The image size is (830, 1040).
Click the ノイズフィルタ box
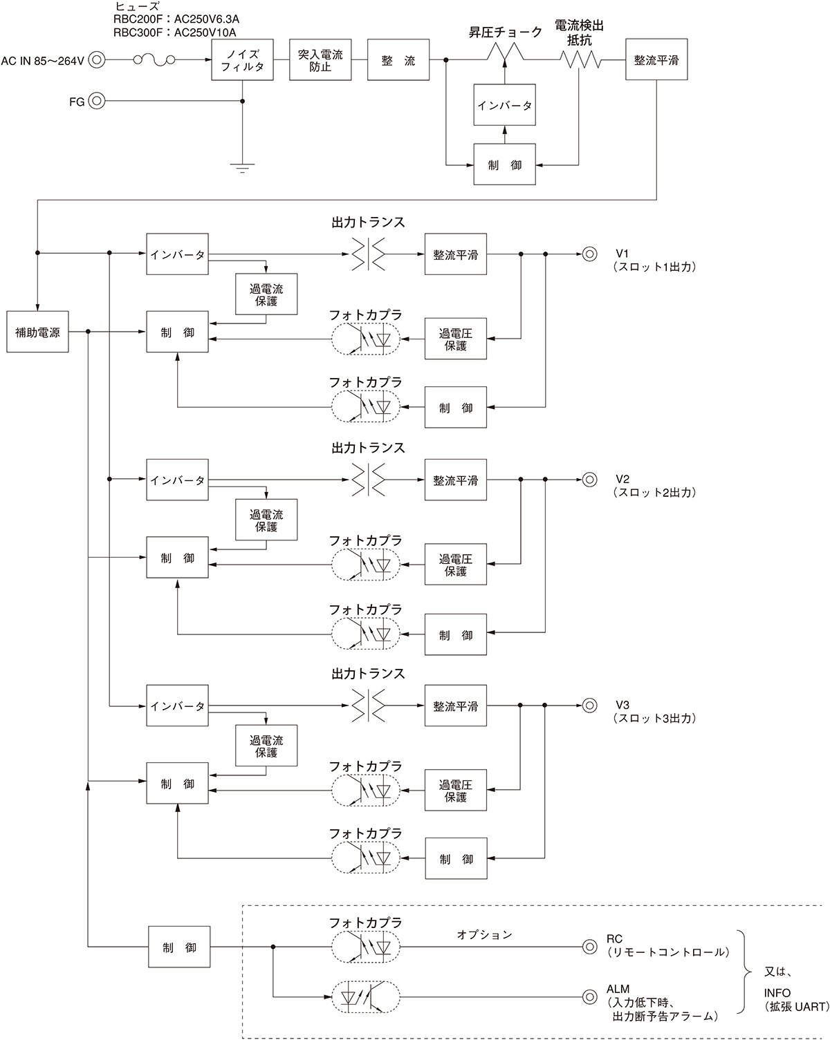[x=242, y=59]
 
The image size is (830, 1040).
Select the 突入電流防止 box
[x=320, y=59]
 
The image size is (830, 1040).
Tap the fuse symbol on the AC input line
[x=154, y=60]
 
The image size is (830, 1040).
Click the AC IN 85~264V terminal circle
[x=97, y=60]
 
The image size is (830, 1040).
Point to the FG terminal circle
[x=97, y=102]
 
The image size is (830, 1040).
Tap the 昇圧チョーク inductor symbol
[x=505, y=53]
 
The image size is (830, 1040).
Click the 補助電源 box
[x=37, y=332]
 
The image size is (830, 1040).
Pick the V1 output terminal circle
[x=589, y=254]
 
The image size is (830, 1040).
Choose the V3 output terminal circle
[x=589, y=706]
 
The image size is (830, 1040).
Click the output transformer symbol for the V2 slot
[x=367, y=479]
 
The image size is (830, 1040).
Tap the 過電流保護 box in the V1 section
[x=266, y=295]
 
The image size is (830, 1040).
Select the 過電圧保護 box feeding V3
[x=455, y=791]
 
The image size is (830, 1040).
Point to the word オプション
[x=484, y=934]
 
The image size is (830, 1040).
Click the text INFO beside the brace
[x=777, y=993]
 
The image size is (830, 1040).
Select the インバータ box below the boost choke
[x=504, y=105]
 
